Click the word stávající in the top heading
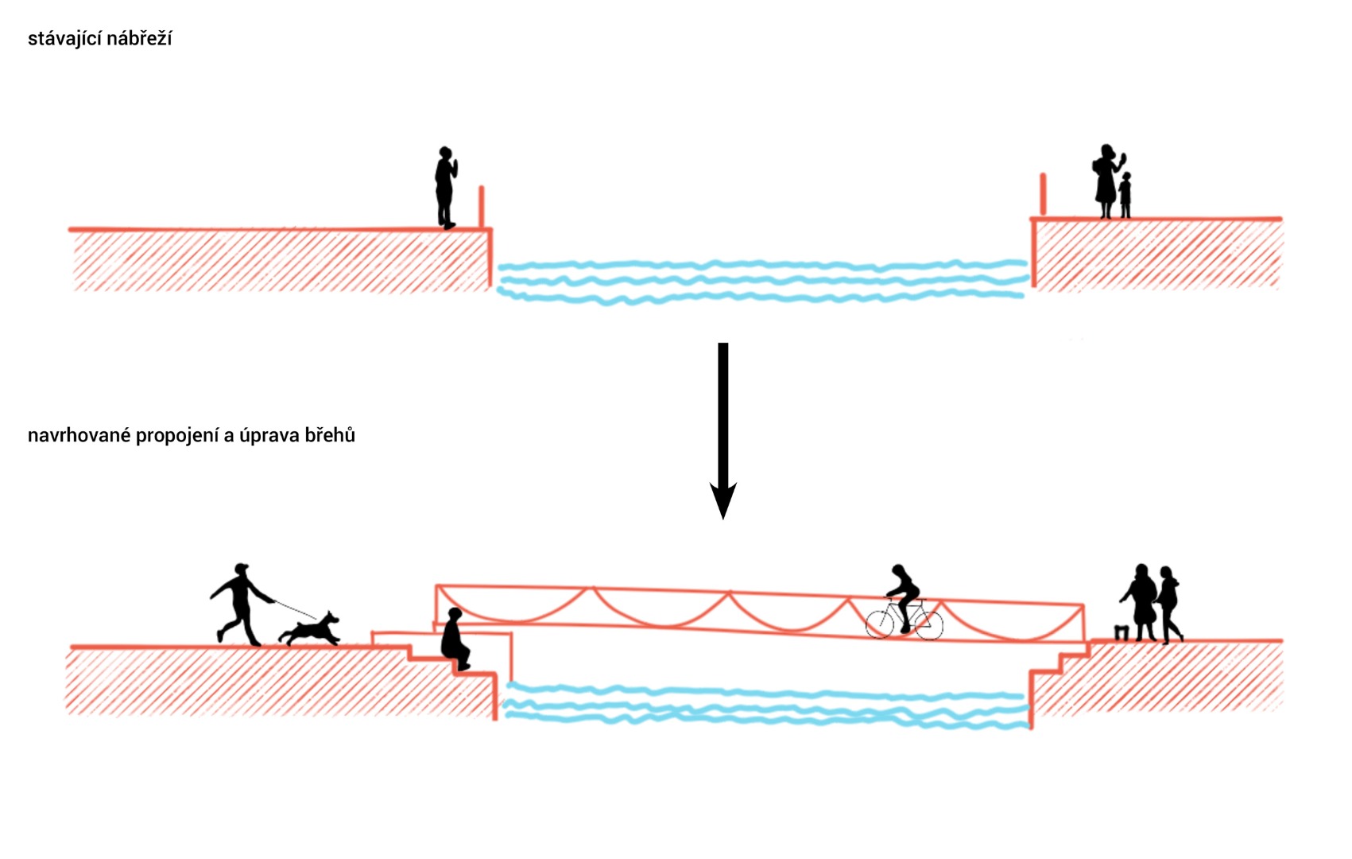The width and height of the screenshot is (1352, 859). (61, 39)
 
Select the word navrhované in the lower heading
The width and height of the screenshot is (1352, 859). (79, 436)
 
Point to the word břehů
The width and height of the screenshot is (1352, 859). (328, 435)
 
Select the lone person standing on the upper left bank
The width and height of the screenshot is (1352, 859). (445, 188)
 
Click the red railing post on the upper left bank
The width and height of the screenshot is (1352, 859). (481, 207)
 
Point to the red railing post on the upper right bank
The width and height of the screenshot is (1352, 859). (1043, 194)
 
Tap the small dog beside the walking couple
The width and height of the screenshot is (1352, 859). (1121, 633)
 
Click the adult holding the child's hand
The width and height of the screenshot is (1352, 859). (1106, 181)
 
